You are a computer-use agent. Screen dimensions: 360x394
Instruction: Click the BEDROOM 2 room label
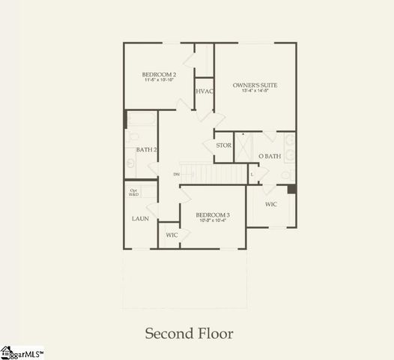(159, 74)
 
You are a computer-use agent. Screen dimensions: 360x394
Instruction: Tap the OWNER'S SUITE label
(255, 85)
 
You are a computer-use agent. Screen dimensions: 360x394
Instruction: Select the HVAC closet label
(204, 91)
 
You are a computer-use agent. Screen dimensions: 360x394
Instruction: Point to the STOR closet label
(223, 145)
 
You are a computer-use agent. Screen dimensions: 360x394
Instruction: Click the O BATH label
(270, 156)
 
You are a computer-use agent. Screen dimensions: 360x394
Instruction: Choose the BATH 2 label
(146, 150)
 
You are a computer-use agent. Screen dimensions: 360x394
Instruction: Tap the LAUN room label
(140, 219)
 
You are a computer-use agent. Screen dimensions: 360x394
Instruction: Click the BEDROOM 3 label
(213, 214)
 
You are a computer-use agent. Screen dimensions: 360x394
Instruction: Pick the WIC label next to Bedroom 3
(172, 235)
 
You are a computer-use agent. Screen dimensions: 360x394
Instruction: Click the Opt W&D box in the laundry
(135, 193)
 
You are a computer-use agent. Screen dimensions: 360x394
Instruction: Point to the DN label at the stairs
(176, 175)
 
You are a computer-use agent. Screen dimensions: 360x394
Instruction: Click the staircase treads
(213, 174)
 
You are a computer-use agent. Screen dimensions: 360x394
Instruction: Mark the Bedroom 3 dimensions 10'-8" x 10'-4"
(213, 221)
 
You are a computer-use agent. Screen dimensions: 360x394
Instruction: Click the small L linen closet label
(252, 174)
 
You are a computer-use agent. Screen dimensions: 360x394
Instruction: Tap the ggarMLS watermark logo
(22, 352)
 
